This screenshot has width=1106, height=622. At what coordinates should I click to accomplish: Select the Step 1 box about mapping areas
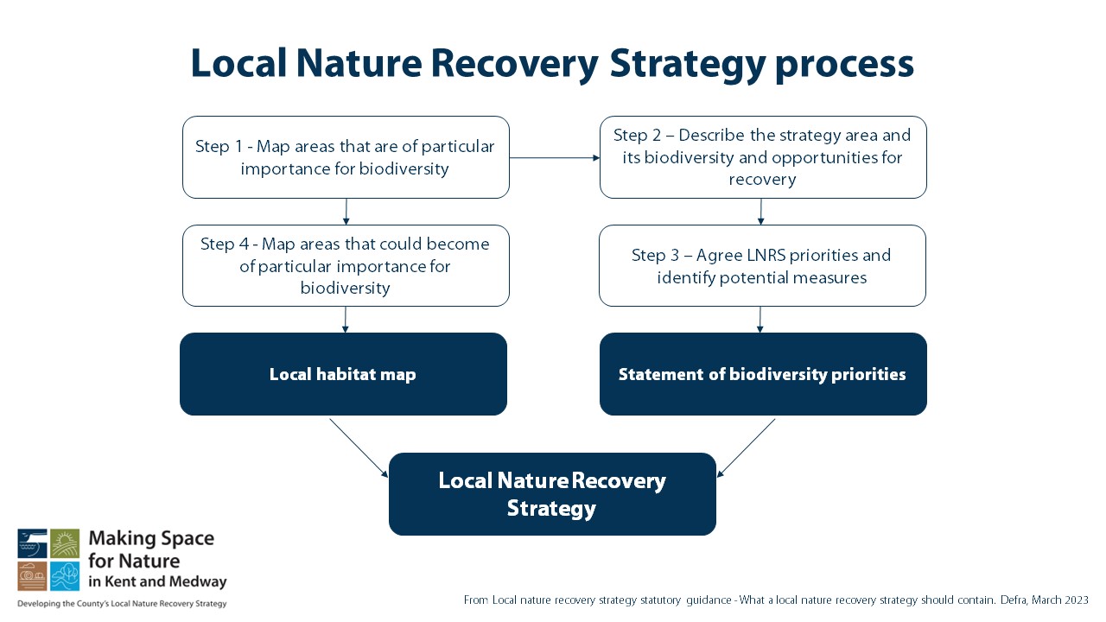click(x=346, y=157)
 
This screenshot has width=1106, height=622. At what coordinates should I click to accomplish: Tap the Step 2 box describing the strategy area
click(x=762, y=157)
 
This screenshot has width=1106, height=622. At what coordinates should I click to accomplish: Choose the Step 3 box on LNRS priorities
click(x=761, y=266)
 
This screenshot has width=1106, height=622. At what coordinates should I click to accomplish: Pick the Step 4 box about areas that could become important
click(x=346, y=266)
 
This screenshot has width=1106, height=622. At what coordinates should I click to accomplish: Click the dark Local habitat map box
click(x=343, y=374)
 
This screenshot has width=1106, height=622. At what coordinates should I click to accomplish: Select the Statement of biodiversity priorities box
click(x=762, y=374)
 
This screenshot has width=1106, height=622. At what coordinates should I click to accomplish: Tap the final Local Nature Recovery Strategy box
click(x=552, y=493)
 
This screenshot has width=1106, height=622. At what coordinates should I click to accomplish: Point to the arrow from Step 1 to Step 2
click(x=554, y=158)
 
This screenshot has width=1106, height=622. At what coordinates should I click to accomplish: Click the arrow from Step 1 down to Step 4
click(x=346, y=211)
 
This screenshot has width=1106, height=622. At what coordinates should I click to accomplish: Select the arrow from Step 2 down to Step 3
click(x=761, y=211)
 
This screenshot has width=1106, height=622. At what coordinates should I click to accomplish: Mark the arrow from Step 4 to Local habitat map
click(x=345, y=319)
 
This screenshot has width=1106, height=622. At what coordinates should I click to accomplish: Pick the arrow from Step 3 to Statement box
click(x=760, y=319)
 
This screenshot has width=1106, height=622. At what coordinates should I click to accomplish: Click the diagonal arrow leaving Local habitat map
click(x=359, y=447)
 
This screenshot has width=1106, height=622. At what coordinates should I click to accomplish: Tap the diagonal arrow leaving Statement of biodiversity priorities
click(x=747, y=447)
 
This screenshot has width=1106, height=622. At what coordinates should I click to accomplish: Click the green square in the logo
click(x=65, y=543)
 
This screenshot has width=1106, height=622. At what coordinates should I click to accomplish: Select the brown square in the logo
click(x=32, y=575)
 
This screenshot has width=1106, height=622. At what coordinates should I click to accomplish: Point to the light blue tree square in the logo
click(x=65, y=575)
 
